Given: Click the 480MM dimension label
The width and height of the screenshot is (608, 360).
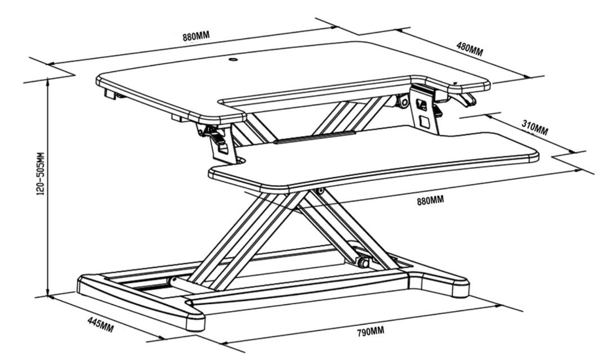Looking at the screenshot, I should click(470, 49).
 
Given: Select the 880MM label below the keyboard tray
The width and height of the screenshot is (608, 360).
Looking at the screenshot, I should click(430, 200).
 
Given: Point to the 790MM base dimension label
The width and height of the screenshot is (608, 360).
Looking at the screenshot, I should click(370, 331).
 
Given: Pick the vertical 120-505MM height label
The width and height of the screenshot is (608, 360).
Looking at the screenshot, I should click(40, 186).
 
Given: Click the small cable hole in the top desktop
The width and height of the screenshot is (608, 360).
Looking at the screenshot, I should click(233, 58).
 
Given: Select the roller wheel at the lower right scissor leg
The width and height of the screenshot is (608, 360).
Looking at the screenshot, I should click(363, 262).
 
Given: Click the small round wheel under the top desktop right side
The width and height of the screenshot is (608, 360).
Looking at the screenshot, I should click(403, 102).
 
